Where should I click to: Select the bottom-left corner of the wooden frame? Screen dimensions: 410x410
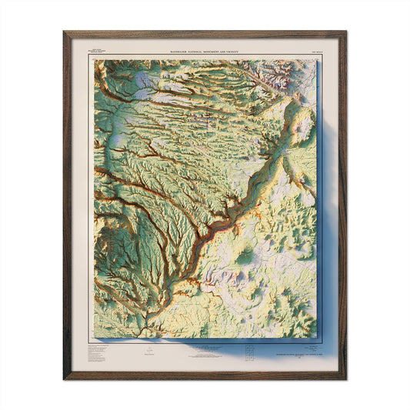[x=65, y=378]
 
